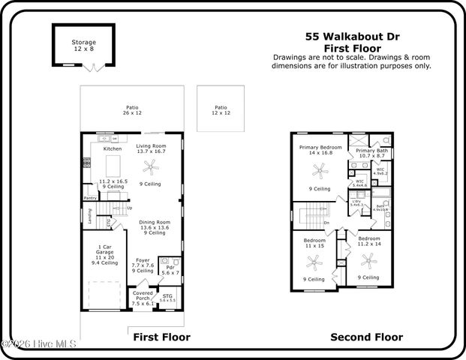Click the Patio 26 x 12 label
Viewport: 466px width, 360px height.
click(132, 109)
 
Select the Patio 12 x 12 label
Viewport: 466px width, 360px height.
click(220, 109)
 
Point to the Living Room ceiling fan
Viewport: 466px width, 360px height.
click(152, 166)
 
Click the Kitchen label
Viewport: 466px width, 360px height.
click(112, 148)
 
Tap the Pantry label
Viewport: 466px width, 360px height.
click(89, 198)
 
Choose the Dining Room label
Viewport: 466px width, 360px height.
click(155, 223)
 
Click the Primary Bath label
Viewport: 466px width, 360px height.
click(371, 151)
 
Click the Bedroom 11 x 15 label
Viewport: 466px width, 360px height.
click(313, 242)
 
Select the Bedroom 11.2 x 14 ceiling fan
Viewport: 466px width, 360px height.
click(368, 261)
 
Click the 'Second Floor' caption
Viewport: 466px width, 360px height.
click(366, 337)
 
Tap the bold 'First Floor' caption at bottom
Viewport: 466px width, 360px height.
click(161, 337)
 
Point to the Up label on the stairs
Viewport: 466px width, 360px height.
click(129, 208)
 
